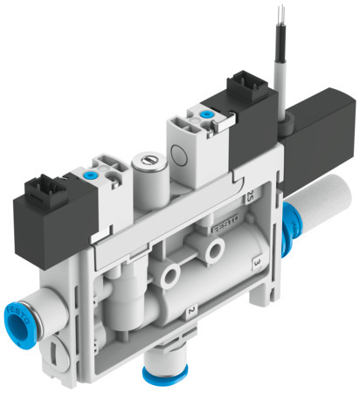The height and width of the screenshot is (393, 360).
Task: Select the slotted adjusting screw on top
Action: pos(143,162)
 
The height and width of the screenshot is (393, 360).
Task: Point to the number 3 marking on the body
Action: pos(254,261)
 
